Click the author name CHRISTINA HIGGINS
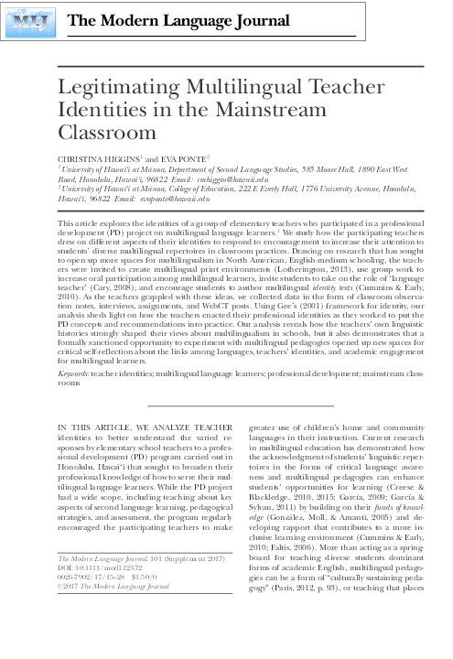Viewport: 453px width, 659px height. coord(97,159)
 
